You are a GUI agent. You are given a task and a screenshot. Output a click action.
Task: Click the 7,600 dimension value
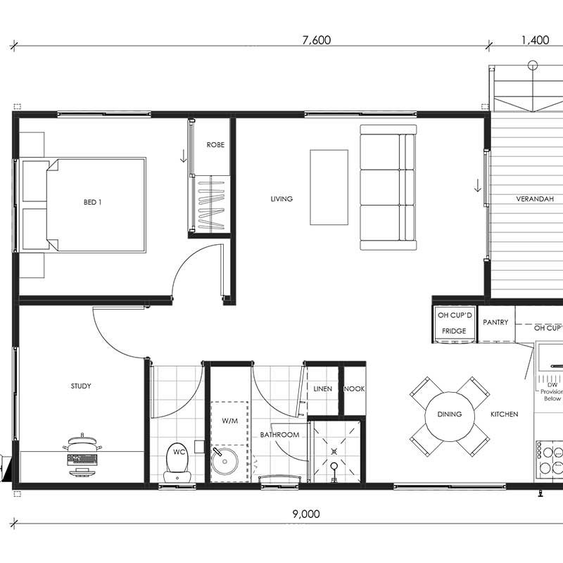click(x=316, y=40)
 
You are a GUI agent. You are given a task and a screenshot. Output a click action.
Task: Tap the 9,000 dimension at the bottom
click(x=306, y=514)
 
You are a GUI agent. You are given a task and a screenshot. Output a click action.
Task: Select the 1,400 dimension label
click(x=535, y=40)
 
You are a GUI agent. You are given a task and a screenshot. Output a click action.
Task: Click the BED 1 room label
click(x=93, y=202)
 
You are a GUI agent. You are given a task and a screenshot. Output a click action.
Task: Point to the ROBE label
click(x=215, y=145)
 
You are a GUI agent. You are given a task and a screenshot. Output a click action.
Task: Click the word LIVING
click(x=281, y=198)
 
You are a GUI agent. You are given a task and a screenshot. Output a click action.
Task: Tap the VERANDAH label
click(x=535, y=198)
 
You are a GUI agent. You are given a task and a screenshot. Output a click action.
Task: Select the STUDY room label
click(x=81, y=386)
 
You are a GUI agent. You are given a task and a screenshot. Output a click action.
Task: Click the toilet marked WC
click(x=178, y=463)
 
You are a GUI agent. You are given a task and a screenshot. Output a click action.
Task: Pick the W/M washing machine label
click(x=230, y=420)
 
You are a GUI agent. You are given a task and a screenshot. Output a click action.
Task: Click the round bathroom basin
click(x=224, y=461)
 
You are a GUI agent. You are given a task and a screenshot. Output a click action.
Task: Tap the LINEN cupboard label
click(x=323, y=388)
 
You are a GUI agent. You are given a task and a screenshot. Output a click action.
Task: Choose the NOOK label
click(x=355, y=388)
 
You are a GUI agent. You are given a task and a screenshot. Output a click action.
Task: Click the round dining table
click(x=450, y=417)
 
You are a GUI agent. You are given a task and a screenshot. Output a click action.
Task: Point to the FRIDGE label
click(x=454, y=331)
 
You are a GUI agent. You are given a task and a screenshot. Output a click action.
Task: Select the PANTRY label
click(x=495, y=322)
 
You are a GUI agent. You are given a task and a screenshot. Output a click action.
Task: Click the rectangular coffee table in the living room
click(x=329, y=187)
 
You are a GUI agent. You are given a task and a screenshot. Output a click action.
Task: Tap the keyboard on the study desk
click(x=82, y=459)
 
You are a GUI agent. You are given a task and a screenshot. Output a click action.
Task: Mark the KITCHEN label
click(x=505, y=414)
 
